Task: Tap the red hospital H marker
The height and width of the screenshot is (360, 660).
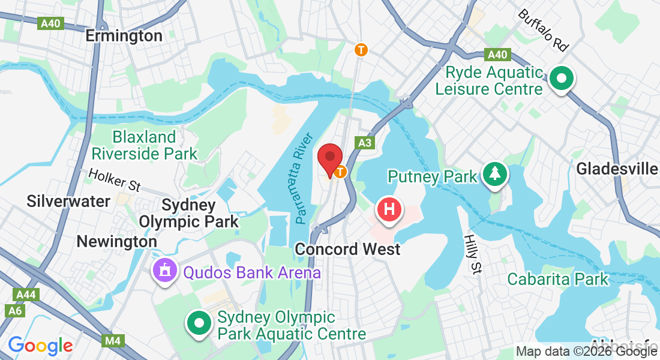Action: (389, 210)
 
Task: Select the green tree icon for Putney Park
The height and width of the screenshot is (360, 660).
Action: (495, 174)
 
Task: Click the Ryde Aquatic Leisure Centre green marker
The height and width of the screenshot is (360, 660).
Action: (562, 78)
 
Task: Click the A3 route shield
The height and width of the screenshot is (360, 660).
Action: (364, 143)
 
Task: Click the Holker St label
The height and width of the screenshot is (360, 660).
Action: (114, 180)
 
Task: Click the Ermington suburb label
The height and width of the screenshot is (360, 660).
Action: (124, 36)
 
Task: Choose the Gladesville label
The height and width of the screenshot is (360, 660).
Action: (616, 169)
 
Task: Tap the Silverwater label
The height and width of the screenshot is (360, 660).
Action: (68, 201)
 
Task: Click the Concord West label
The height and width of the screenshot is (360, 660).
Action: (347, 248)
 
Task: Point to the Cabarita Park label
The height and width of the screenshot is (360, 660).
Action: (557, 279)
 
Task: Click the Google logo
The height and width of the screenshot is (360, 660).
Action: (40, 346)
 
